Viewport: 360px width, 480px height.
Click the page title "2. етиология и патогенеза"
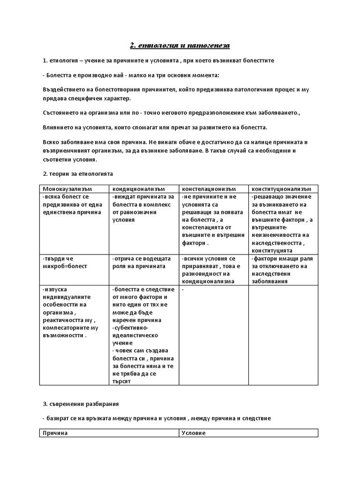point(180,45)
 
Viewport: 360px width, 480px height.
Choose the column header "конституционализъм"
point(281,188)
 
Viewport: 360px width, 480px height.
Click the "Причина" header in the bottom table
point(55,433)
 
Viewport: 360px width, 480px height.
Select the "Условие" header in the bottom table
point(193,433)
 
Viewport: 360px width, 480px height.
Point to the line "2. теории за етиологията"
point(78,173)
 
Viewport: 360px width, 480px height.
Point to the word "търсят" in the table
point(121,381)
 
